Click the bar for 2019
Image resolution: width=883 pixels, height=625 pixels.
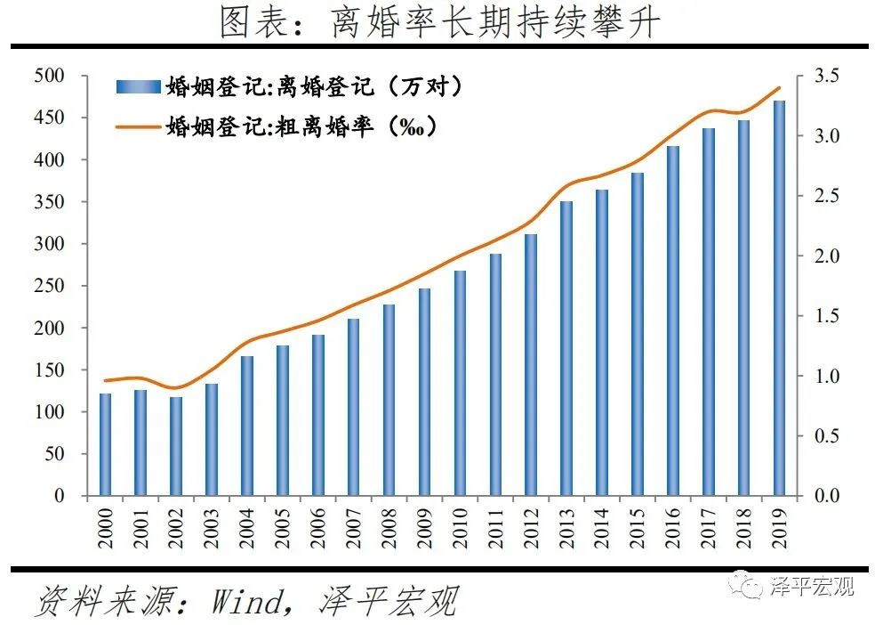point(779,298)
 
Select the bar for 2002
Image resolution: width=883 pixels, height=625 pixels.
point(176,446)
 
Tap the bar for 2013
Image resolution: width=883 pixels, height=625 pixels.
point(566,348)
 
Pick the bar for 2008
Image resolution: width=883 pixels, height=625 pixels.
point(389,400)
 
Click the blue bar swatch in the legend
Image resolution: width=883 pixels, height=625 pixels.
point(138,87)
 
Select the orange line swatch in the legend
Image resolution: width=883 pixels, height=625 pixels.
point(138,127)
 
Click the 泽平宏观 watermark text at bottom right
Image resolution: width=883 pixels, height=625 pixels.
point(811,586)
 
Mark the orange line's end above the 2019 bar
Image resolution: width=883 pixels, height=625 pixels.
point(780,87)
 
